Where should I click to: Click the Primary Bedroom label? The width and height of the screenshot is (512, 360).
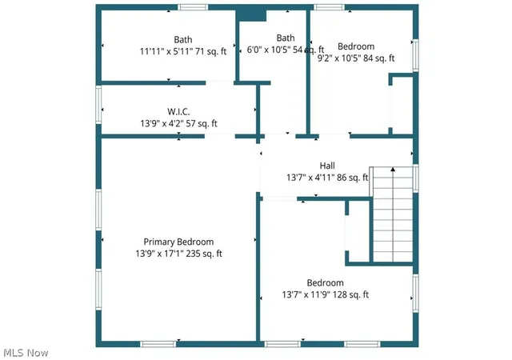click(178, 242)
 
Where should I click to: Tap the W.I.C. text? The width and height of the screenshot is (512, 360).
click(178, 112)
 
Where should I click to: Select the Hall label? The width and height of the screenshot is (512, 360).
click(327, 166)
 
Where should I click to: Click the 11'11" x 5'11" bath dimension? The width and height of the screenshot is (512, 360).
click(166, 51)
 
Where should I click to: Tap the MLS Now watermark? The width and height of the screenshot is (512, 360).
click(26, 353)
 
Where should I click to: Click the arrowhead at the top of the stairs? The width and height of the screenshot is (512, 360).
click(393, 170)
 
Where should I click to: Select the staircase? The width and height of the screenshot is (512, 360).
click(393, 214)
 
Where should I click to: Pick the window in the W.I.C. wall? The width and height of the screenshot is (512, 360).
click(98, 105)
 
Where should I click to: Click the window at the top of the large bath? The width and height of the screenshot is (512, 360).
click(193, 7)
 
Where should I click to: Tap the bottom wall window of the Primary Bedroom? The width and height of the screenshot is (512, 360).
click(158, 344)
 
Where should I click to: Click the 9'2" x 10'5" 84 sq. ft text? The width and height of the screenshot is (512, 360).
click(356, 58)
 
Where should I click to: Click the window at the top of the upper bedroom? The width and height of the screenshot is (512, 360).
click(329, 7)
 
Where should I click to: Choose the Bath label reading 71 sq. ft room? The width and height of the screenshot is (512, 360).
click(183, 39)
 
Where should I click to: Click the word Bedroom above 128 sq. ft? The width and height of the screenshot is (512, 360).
click(326, 283)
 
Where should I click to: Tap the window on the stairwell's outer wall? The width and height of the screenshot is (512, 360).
click(416, 178)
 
